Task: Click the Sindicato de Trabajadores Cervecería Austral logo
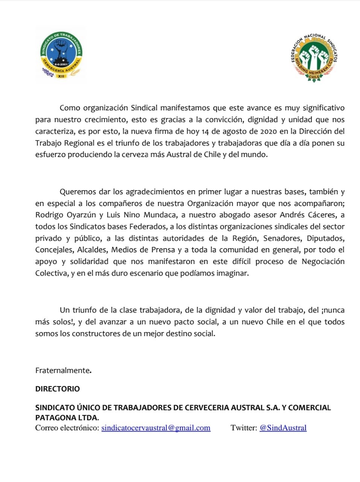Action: point(61,55)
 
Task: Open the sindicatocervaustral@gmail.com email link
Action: point(156,428)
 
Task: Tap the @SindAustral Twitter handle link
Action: point(283,428)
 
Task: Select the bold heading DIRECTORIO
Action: point(58,389)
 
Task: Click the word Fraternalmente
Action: point(63,371)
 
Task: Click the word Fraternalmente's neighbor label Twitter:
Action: point(244,428)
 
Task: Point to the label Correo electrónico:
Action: point(67,428)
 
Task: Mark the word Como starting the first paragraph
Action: point(70,108)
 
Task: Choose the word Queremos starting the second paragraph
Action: point(77,192)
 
